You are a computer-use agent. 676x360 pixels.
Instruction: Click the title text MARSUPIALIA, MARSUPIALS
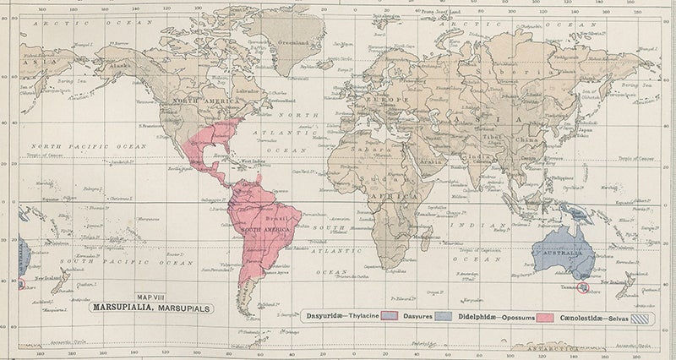pyautogui.click(x=158, y=308)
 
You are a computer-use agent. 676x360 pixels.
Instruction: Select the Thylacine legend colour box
pyautogui.click(x=390, y=316)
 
